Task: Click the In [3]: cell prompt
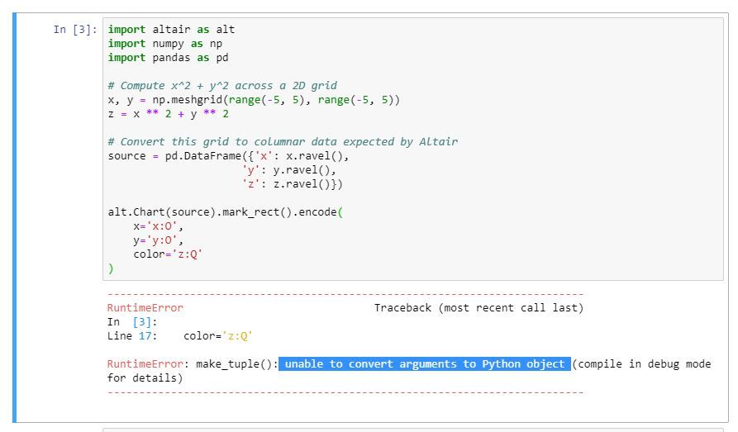tap(74, 30)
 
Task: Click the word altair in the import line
tap(172, 30)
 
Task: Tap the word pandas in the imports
tap(172, 58)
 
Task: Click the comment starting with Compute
tap(222, 86)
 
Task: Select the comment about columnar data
tap(283, 142)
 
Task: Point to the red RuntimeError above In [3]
tap(145, 308)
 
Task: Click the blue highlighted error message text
tap(425, 364)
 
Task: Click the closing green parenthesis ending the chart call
tap(111, 268)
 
